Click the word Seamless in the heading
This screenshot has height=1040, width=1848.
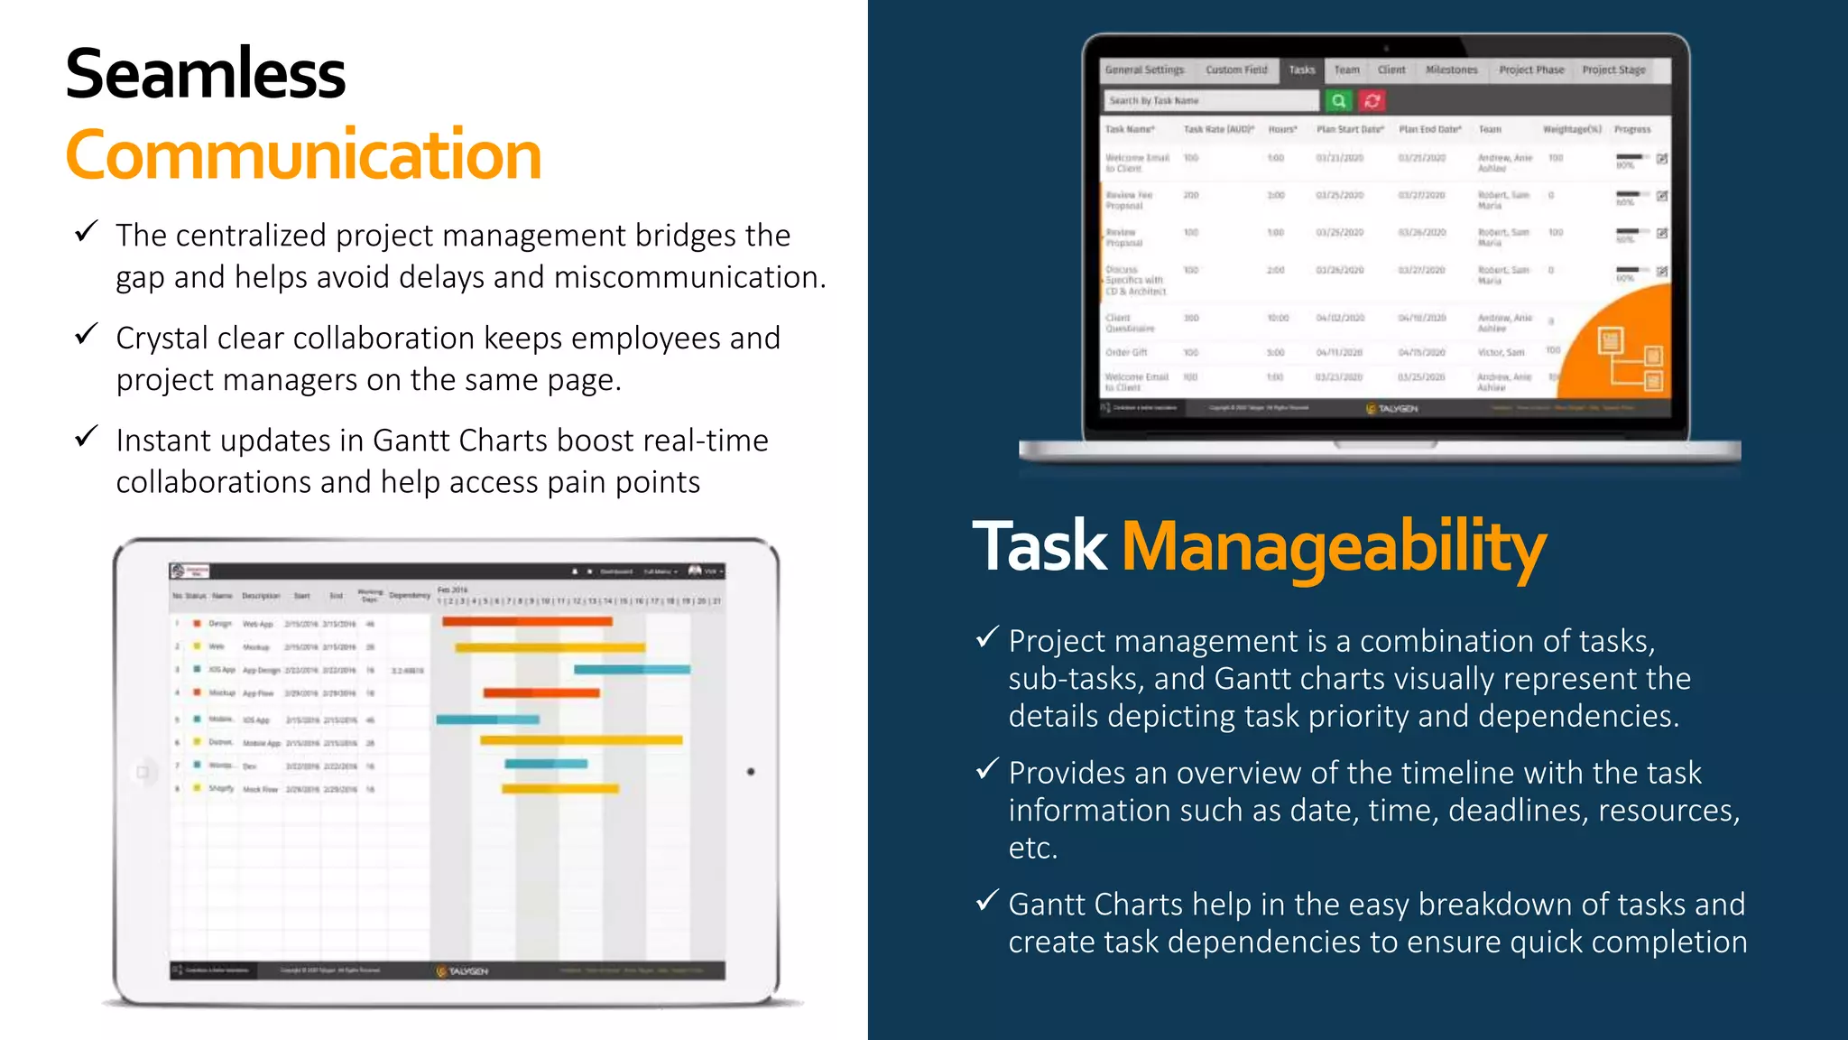pos(206,74)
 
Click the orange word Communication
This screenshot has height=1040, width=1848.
pos(303,155)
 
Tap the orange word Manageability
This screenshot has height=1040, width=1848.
pos(1334,547)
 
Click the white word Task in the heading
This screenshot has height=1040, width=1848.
pos(1039,547)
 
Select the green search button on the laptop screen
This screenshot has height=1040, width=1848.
pos(1339,101)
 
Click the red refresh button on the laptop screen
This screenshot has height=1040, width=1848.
pos(1372,101)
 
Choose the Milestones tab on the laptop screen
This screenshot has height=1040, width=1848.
pos(1451,70)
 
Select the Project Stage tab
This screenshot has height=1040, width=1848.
pos(1613,70)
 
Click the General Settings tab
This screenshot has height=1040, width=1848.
pos(1144,70)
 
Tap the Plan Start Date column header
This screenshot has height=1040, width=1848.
pos(1350,129)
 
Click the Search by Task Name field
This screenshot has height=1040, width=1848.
pos(1209,101)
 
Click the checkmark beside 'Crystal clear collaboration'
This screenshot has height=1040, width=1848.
pos(87,335)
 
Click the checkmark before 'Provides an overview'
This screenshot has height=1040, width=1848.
pos(987,769)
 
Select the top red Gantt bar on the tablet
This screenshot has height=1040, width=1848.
pos(527,621)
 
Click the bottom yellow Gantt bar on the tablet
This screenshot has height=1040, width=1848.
pos(559,789)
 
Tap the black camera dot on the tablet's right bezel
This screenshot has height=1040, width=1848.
pos(751,772)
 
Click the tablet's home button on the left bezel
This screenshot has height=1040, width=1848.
pos(143,772)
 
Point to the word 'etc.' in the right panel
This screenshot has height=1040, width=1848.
pos(1032,849)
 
